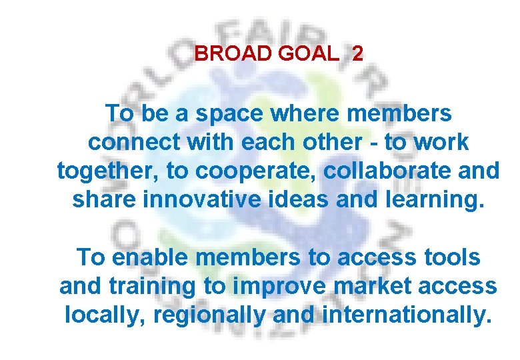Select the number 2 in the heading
pos(358,54)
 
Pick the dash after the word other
pos(373,143)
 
